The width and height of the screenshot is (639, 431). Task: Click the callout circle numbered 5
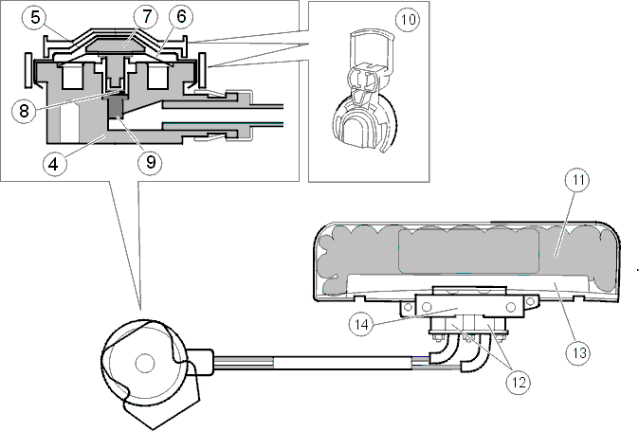click(x=36, y=17)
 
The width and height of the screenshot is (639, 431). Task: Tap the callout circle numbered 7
click(x=147, y=17)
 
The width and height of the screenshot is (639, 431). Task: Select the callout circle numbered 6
click(x=181, y=17)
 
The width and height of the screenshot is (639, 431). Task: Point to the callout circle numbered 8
click(x=24, y=111)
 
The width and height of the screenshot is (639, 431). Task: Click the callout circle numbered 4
click(x=53, y=164)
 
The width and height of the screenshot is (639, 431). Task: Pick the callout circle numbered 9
click(x=151, y=163)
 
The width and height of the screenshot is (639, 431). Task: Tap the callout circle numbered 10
click(x=408, y=19)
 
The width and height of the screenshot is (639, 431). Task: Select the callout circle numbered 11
click(x=578, y=180)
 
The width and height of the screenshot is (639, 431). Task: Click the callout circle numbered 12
click(x=519, y=382)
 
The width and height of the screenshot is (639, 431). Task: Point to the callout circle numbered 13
click(x=578, y=352)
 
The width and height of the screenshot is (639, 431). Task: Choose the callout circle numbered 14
click(x=361, y=324)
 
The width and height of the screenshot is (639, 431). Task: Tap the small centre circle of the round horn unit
click(x=145, y=363)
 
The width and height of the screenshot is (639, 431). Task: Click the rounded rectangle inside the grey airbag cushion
click(x=468, y=251)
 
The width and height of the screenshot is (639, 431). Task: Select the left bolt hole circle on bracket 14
click(x=427, y=307)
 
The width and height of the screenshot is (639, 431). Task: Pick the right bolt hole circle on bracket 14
click(x=511, y=307)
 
